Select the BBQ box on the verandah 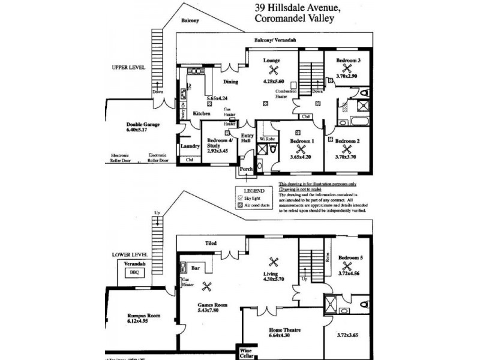point(133,272)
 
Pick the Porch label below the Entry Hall point(246,169)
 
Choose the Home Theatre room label point(284,330)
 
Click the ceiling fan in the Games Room point(208,287)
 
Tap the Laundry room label point(190,145)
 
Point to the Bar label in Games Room point(196,269)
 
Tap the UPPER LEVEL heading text point(128,68)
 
